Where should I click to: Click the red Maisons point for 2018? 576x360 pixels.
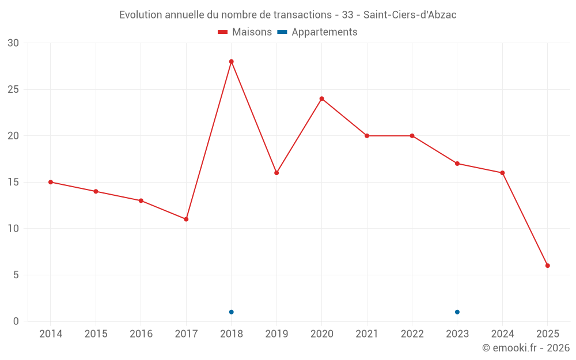point(231,62)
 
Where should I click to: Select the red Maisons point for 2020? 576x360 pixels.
point(321,98)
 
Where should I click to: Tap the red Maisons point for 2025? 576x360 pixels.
point(548,266)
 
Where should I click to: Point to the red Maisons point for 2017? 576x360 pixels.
point(186,219)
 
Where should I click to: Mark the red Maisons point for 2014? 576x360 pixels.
point(51,182)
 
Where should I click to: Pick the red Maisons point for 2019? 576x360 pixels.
point(276,173)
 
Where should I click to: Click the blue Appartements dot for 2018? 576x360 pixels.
point(231,312)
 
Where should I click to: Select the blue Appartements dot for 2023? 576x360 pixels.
point(457,312)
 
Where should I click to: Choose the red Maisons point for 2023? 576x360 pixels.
point(457,164)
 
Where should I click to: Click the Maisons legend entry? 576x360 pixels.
point(245,32)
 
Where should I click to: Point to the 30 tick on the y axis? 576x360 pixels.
point(13,43)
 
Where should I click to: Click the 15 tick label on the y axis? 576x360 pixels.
point(13,182)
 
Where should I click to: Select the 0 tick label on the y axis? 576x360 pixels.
point(16,321)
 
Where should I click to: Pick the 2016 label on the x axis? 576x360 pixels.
point(141,334)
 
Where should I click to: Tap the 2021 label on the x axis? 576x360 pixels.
point(367,334)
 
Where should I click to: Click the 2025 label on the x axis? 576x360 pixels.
point(548,334)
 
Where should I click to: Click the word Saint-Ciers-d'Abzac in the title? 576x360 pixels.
point(410,15)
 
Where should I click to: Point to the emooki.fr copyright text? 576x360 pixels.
point(526,348)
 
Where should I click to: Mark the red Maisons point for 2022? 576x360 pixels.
point(412,136)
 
